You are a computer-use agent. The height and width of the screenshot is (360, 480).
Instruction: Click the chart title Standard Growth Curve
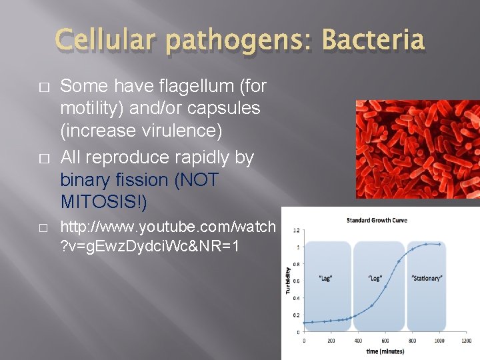tap(377, 220)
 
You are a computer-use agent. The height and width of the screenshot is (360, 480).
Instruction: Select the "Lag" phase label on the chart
tap(326, 278)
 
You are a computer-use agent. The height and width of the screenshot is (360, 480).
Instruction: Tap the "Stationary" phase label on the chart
tap(427, 278)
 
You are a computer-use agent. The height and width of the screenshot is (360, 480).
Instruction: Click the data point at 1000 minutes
tap(439, 244)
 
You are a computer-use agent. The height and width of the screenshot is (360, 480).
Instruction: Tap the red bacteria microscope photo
tap(417, 149)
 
